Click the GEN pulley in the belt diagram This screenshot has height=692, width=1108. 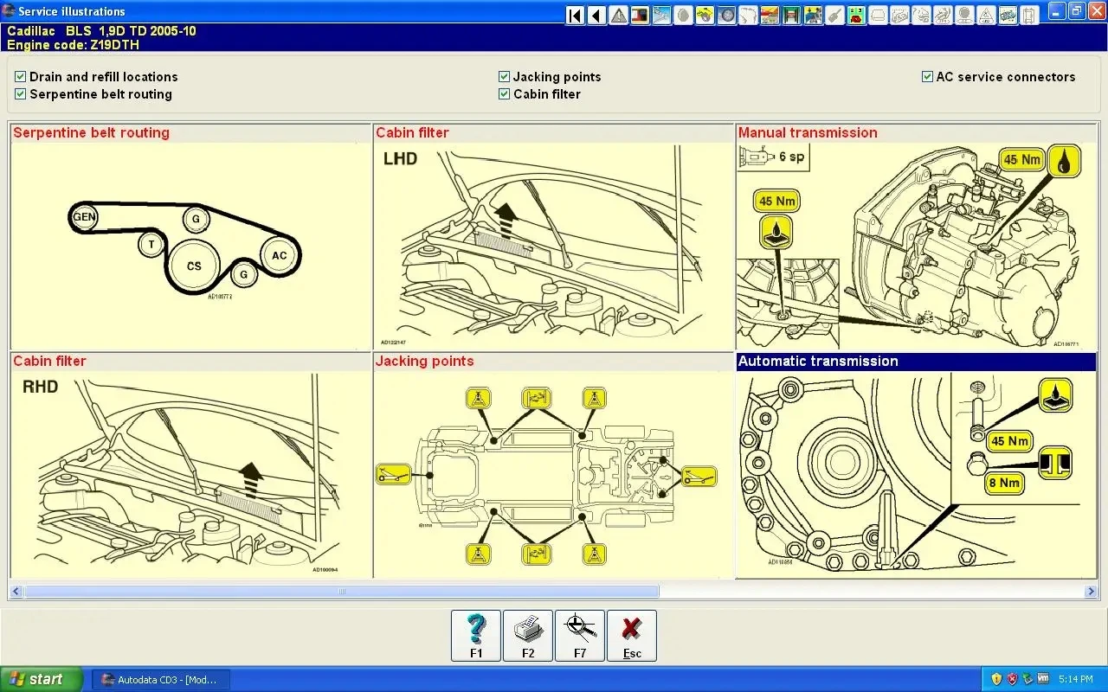(84, 217)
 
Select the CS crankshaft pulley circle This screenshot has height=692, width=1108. (194, 266)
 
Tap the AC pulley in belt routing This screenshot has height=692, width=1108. (279, 255)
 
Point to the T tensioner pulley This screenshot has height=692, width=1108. (151, 245)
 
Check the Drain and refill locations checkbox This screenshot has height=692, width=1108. (21, 77)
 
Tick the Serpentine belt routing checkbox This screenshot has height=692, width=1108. (21, 94)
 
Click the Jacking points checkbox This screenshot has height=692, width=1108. (504, 77)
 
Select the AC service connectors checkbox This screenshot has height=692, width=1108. (927, 77)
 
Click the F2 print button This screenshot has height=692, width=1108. (528, 636)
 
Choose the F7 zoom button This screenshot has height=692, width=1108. (580, 636)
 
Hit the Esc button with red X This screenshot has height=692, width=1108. (632, 636)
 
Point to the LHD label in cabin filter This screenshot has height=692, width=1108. (400, 158)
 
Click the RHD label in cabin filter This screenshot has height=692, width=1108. (40, 387)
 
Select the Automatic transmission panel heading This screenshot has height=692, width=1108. (818, 362)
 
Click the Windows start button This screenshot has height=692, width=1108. (42, 679)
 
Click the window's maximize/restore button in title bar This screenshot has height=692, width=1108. (1076, 11)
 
